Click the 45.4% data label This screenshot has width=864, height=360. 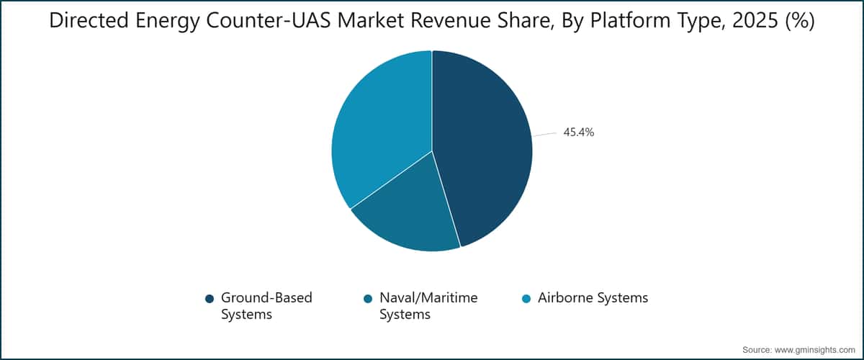click(579, 132)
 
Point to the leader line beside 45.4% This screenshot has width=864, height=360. click(544, 134)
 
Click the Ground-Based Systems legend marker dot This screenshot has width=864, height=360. click(210, 299)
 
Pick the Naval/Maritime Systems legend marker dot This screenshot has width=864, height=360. click(368, 299)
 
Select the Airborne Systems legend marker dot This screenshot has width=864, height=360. click(526, 299)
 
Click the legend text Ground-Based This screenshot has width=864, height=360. click(266, 298)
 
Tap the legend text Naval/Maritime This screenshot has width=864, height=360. click(428, 298)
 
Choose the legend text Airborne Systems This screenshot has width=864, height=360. click(593, 298)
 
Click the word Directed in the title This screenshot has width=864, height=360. click(89, 20)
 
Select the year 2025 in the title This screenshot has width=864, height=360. click(755, 20)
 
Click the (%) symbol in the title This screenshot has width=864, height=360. click(800, 21)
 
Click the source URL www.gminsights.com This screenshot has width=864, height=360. click(814, 350)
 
